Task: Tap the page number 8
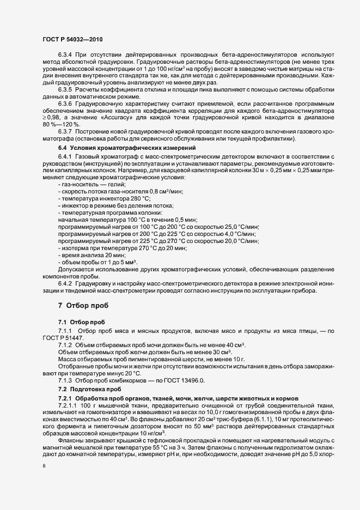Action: (44, 467)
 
